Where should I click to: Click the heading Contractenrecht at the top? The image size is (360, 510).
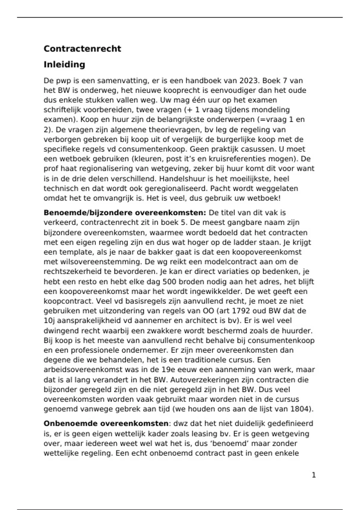click(82, 49)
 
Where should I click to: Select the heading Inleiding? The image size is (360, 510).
click(64, 64)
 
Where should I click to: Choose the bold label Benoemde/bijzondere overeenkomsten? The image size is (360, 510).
click(125, 213)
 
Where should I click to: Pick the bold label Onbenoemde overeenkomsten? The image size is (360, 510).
click(106, 424)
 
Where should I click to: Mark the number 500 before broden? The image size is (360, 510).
click(169, 282)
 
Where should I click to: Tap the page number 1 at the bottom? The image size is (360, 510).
click(314, 475)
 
